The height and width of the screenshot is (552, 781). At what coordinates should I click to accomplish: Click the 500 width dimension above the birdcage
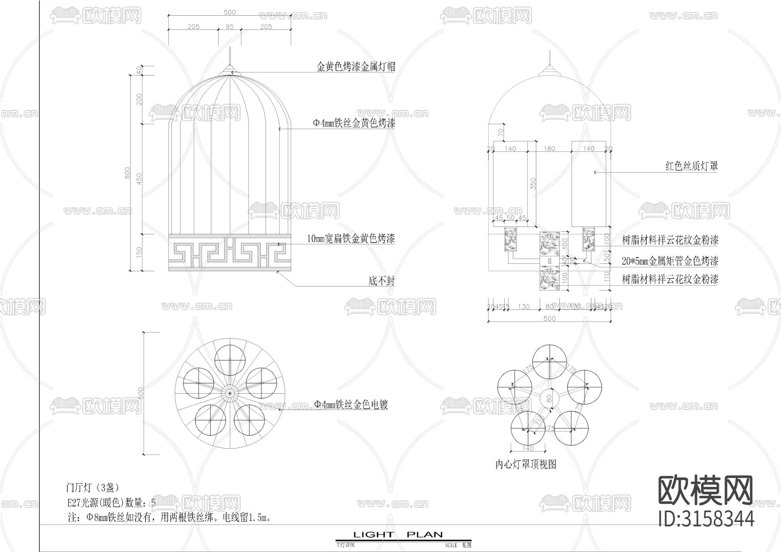pyautogui.click(x=230, y=12)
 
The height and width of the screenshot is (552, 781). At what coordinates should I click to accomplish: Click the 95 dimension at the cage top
pyautogui.click(x=230, y=27)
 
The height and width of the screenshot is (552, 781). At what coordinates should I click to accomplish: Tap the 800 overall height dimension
pyautogui.click(x=128, y=173)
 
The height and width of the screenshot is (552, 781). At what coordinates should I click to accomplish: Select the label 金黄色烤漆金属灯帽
pyautogui.click(x=356, y=67)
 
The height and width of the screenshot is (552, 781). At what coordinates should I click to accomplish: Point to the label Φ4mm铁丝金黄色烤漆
pyautogui.click(x=354, y=124)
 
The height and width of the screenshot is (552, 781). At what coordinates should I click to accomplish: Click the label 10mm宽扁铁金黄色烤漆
pyautogui.click(x=351, y=239)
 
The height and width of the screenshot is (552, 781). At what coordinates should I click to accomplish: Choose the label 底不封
pyautogui.click(x=381, y=281)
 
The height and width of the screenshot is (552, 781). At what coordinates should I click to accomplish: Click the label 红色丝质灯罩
pyautogui.click(x=692, y=166)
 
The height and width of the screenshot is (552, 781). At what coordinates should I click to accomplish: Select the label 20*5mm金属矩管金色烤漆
pyautogui.click(x=670, y=261)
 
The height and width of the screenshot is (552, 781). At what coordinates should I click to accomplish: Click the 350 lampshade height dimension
pyautogui.click(x=533, y=184)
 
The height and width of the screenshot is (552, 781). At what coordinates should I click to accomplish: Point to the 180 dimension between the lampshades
pyautogui.click(x=549, y=149)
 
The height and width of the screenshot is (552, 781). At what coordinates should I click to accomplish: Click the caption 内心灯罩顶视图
pyautogui.click(x=525, y=464)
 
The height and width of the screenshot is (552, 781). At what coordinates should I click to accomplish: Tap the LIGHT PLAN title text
pyautogui.click(x=397, y=535)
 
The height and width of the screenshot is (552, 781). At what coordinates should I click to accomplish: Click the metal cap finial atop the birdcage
pyautogui.click(x=230, y=70)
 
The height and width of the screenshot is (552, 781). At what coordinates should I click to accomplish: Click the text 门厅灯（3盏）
pyautogui.click(x=92, y=487)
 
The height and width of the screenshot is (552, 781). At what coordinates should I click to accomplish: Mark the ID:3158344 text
pyautogui.click(x=706, y=519)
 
